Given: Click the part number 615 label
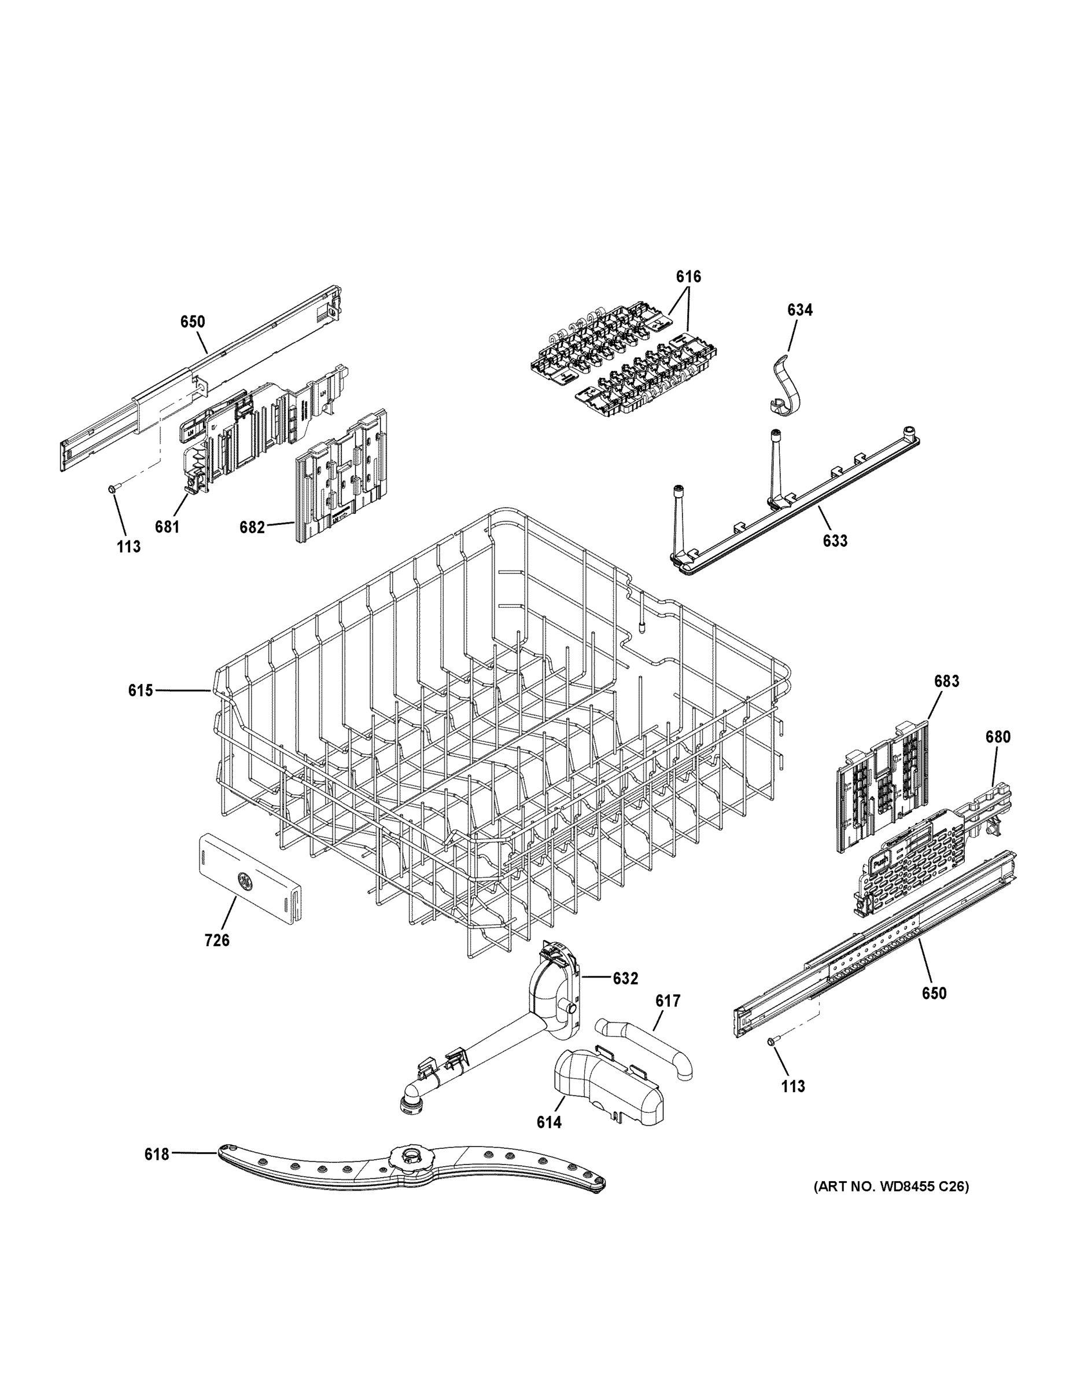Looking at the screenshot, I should (141, 690).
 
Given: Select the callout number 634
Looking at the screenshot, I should (799, 310).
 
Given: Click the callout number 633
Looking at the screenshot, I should (835, 541).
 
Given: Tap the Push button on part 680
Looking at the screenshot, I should (880, 863).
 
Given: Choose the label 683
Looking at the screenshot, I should (946, 681).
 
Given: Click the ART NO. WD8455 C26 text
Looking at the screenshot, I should (891, 1186).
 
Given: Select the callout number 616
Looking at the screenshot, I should (688, 276).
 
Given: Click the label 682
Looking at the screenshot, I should (252, 527).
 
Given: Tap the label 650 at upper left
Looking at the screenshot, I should (193, 322).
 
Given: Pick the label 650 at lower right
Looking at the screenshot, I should (934, 993).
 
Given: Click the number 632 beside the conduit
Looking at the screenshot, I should (625, 979).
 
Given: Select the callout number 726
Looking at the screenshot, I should (217, 940).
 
